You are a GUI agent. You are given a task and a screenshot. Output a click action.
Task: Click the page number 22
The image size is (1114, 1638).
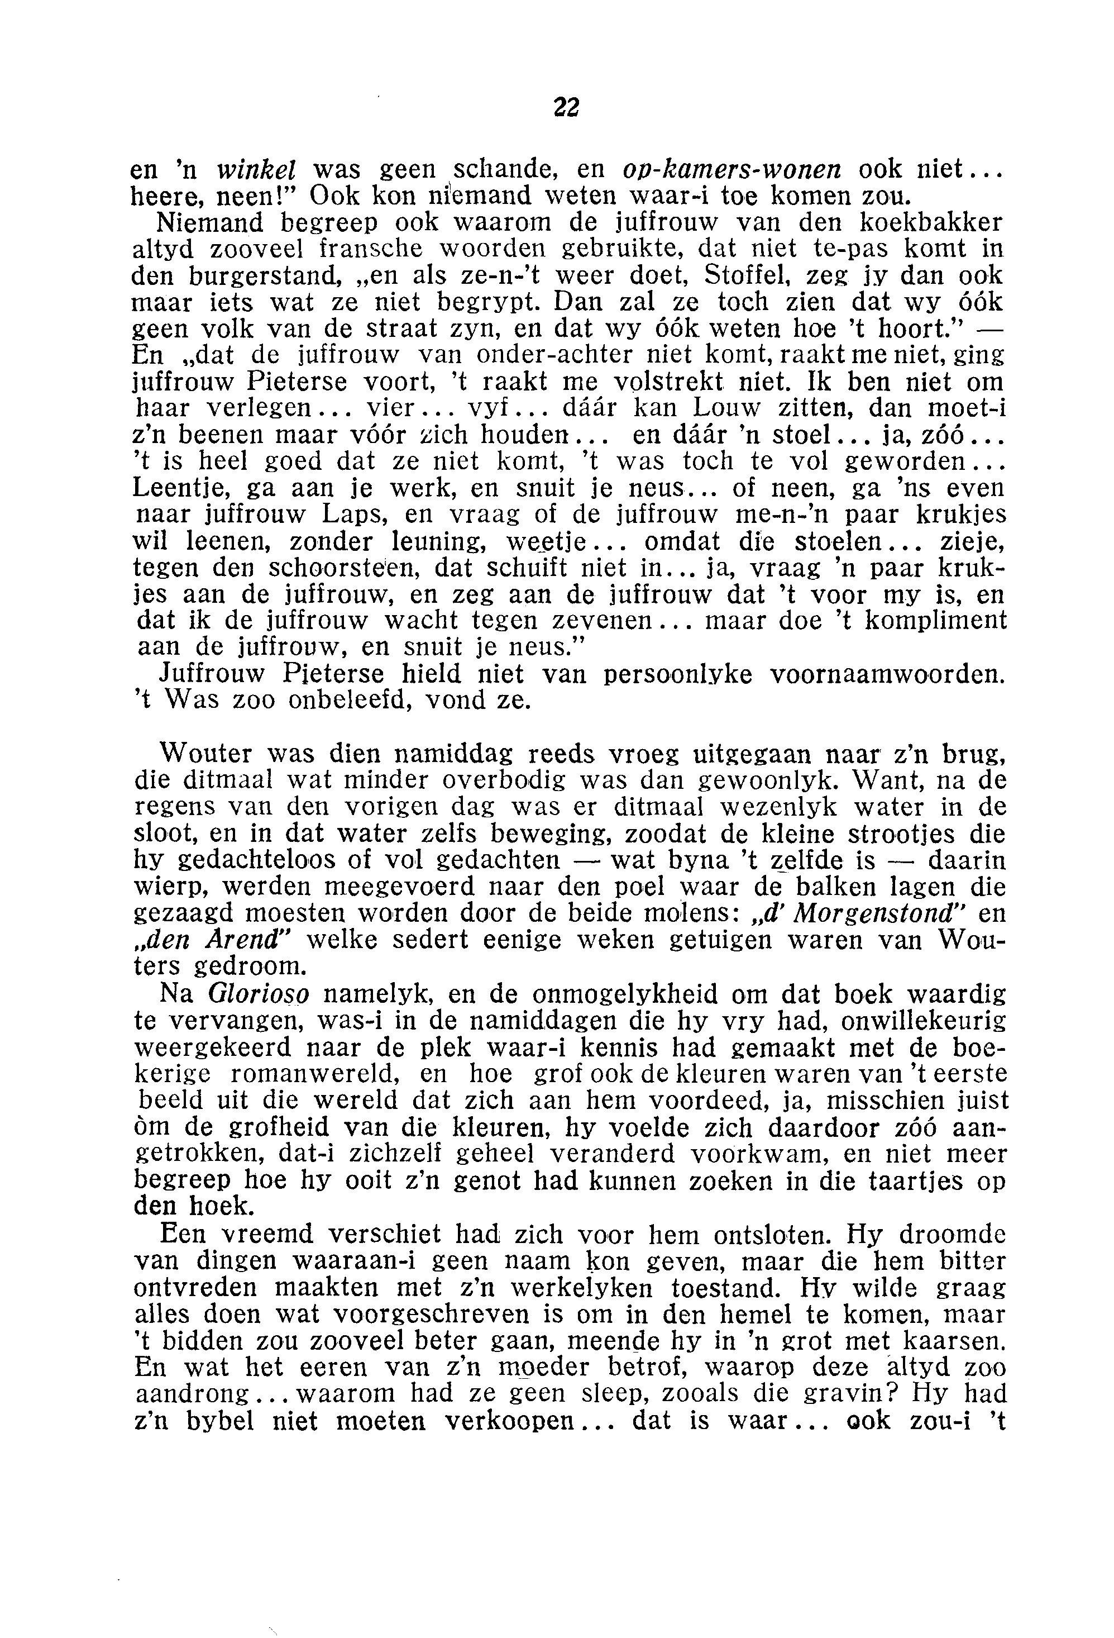click(566, 107)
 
